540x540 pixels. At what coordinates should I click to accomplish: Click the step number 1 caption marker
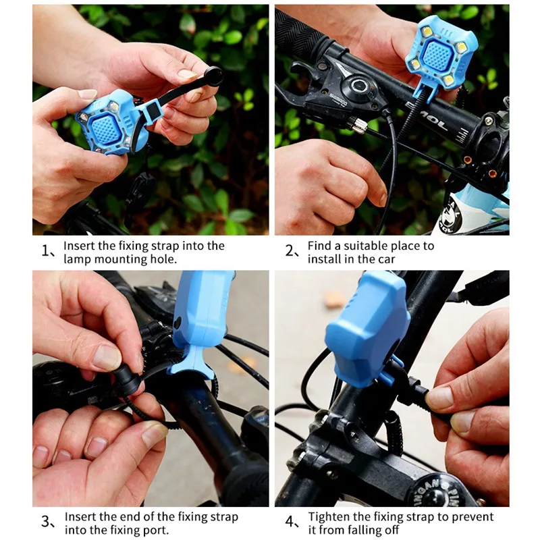48,251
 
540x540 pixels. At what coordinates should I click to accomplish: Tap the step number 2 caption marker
292,251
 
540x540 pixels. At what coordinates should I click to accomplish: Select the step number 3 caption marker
48,522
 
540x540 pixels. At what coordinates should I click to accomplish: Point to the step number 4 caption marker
292,522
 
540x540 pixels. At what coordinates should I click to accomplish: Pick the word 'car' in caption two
386,259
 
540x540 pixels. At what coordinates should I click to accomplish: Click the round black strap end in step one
213,76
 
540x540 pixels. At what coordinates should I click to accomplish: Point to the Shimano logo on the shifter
338,99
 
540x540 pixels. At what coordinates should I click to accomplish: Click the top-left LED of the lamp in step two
427,32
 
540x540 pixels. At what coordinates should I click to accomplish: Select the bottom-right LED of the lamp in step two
448,80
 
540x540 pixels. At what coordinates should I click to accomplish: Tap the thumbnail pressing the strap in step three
107,358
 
